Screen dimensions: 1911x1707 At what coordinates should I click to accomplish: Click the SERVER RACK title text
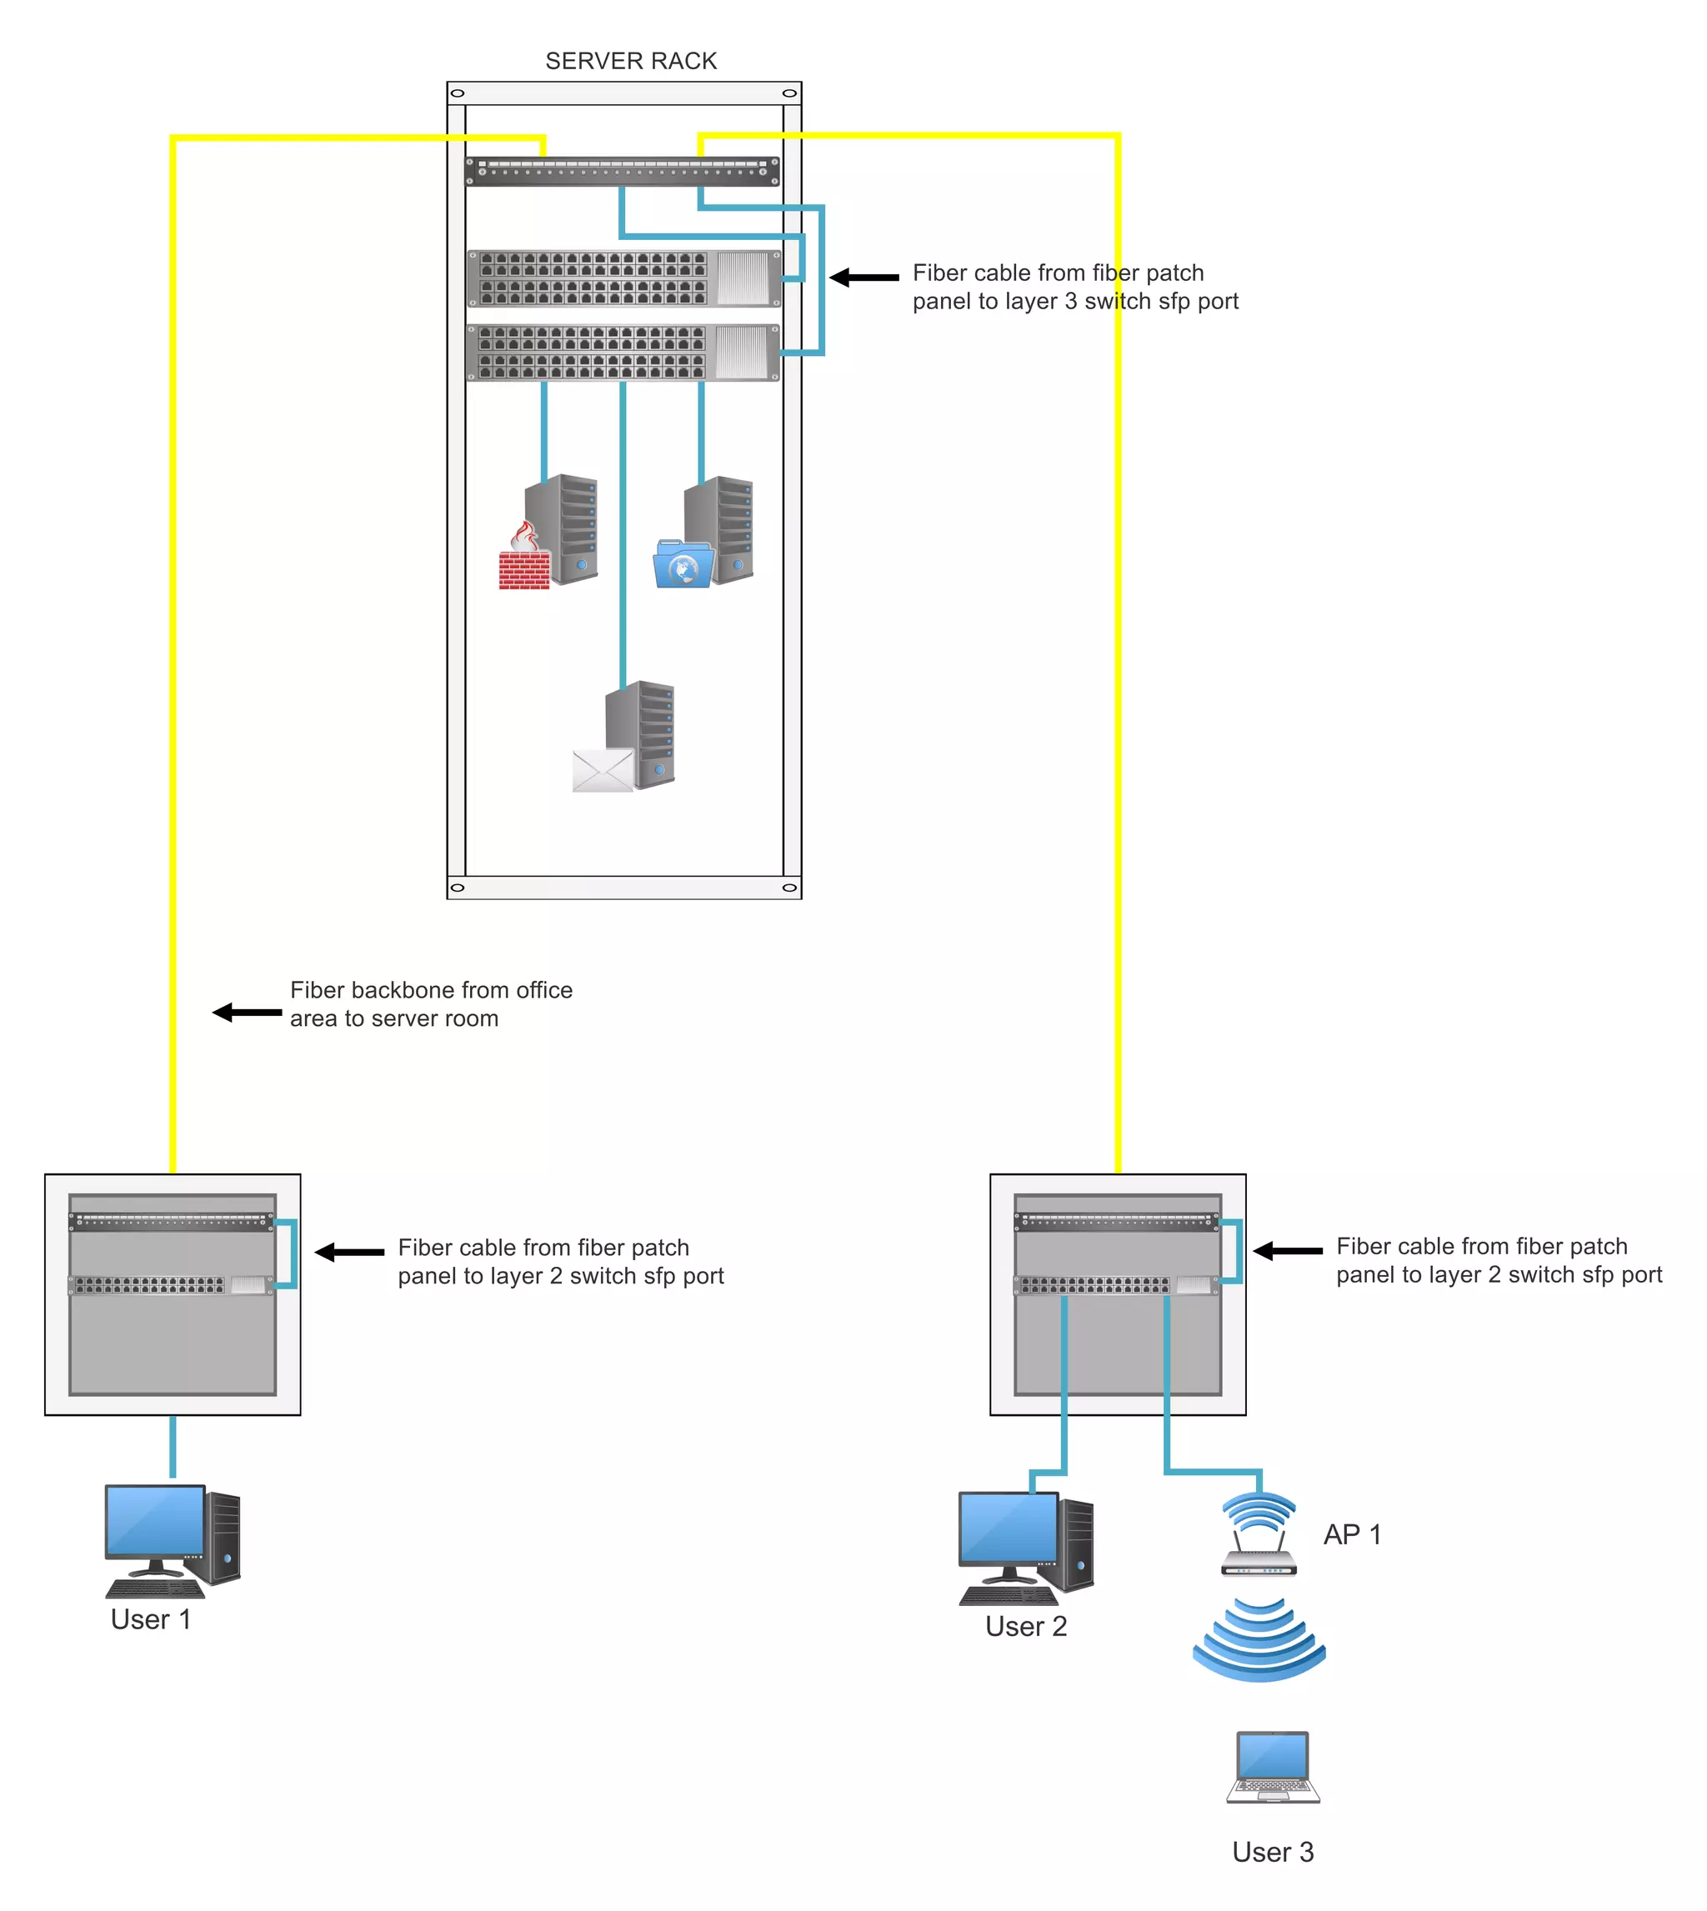[x=630, y=61]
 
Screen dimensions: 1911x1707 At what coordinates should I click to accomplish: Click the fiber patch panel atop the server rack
[x=622, y=172]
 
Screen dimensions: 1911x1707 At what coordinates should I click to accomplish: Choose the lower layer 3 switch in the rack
[x=623, y=353]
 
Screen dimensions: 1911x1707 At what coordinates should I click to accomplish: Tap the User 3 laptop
[x=1273, y=1767]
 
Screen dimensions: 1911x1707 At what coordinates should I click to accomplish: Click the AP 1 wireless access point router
[x=1259, y=1535]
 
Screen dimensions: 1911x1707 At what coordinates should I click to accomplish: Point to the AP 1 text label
[x=1352, y=1535]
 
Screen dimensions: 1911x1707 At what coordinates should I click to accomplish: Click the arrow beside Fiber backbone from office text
[x=247, y=1013]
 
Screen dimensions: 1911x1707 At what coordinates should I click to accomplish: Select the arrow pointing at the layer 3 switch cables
[x=864, y=278]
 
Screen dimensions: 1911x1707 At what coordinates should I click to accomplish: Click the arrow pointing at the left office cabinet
[x=349, y=1252]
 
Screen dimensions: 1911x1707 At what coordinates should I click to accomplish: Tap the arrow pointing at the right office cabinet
[x=1287, y=1251]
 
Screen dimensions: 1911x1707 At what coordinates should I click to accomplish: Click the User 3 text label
[x=1273, y=1852]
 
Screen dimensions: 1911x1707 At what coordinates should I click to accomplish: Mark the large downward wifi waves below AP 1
[x=1259, y=1641]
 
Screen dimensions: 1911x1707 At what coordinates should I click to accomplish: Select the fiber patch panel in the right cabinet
[x=1117, y=1221]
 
